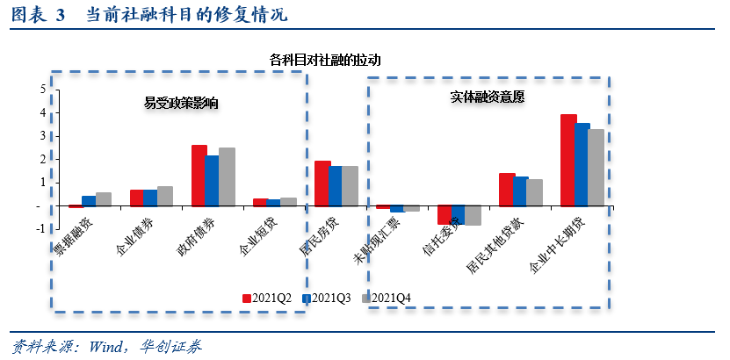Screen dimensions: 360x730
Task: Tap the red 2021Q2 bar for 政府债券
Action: click(x=199, y=176)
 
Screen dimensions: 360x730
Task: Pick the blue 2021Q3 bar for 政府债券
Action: click(x=213, y=181)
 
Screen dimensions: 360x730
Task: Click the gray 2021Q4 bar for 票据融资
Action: click(x=104, y=199)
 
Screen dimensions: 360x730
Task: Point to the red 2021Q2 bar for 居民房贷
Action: click(x=322, y=184)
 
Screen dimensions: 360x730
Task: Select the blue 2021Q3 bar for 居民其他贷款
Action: click(x=521, y=191)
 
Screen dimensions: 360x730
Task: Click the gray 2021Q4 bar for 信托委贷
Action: click(x=473, y=216)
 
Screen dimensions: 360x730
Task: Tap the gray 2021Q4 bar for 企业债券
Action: click(x=165, y=197)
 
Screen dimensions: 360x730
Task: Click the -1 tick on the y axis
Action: click(x=40, y=229)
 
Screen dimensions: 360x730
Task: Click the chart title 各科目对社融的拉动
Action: click(x=326, y=60)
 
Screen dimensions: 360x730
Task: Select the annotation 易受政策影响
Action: click(x=181, y=103)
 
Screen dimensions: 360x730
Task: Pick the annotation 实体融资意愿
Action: click(x=488, y=97)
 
